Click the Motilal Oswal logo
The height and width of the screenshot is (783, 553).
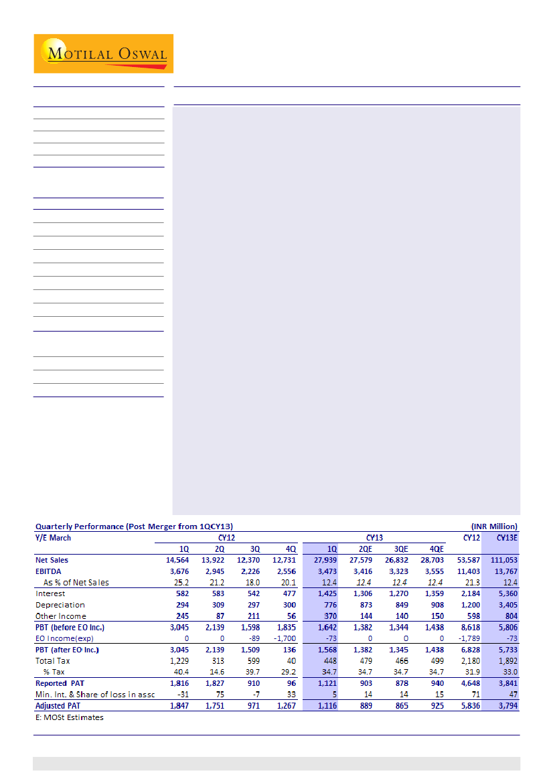pyautogui.click(x=104, y=54)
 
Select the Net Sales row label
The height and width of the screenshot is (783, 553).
pyautogui.click(x=52, y=560)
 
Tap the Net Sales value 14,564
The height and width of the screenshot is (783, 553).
pyautogui.click(x=177, y=560)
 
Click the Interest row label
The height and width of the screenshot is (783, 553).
pyautogui.click(x=50, y=593)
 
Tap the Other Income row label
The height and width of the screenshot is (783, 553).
pyautogui.click(x=61, y=616)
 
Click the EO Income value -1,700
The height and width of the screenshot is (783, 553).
pyautogui.click(x=285, y=638)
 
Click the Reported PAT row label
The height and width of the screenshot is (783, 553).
pyautogui.click(x=61, y=683)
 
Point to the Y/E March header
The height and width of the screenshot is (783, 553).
pyautogui.click(x=53, y=537)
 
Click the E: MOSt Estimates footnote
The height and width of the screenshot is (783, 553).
pyautogui.click(x=70, y=717)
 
